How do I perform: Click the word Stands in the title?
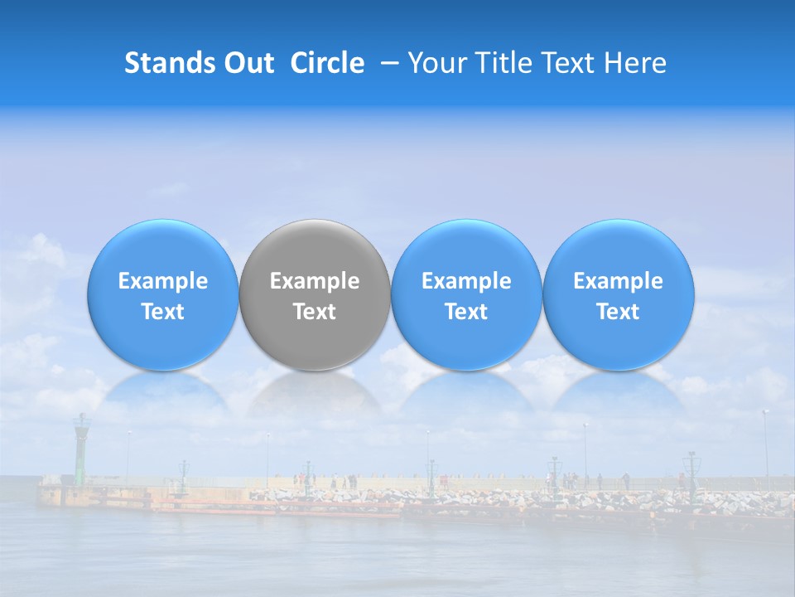pyautogui.click(x=171, y=63)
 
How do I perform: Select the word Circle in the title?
pyautogui.click(x=327, y=63)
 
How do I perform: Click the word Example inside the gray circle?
pyautogui.click(x=315, y=281)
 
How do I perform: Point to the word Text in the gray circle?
pyautogui.click(x=315, y=312)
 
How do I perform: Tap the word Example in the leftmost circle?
pyautogui.click(x=162, y=281)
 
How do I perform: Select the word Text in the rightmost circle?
pyautogui.click(x=619, y=312)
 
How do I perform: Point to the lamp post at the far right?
pyautogui.click(x=765, y=448)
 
